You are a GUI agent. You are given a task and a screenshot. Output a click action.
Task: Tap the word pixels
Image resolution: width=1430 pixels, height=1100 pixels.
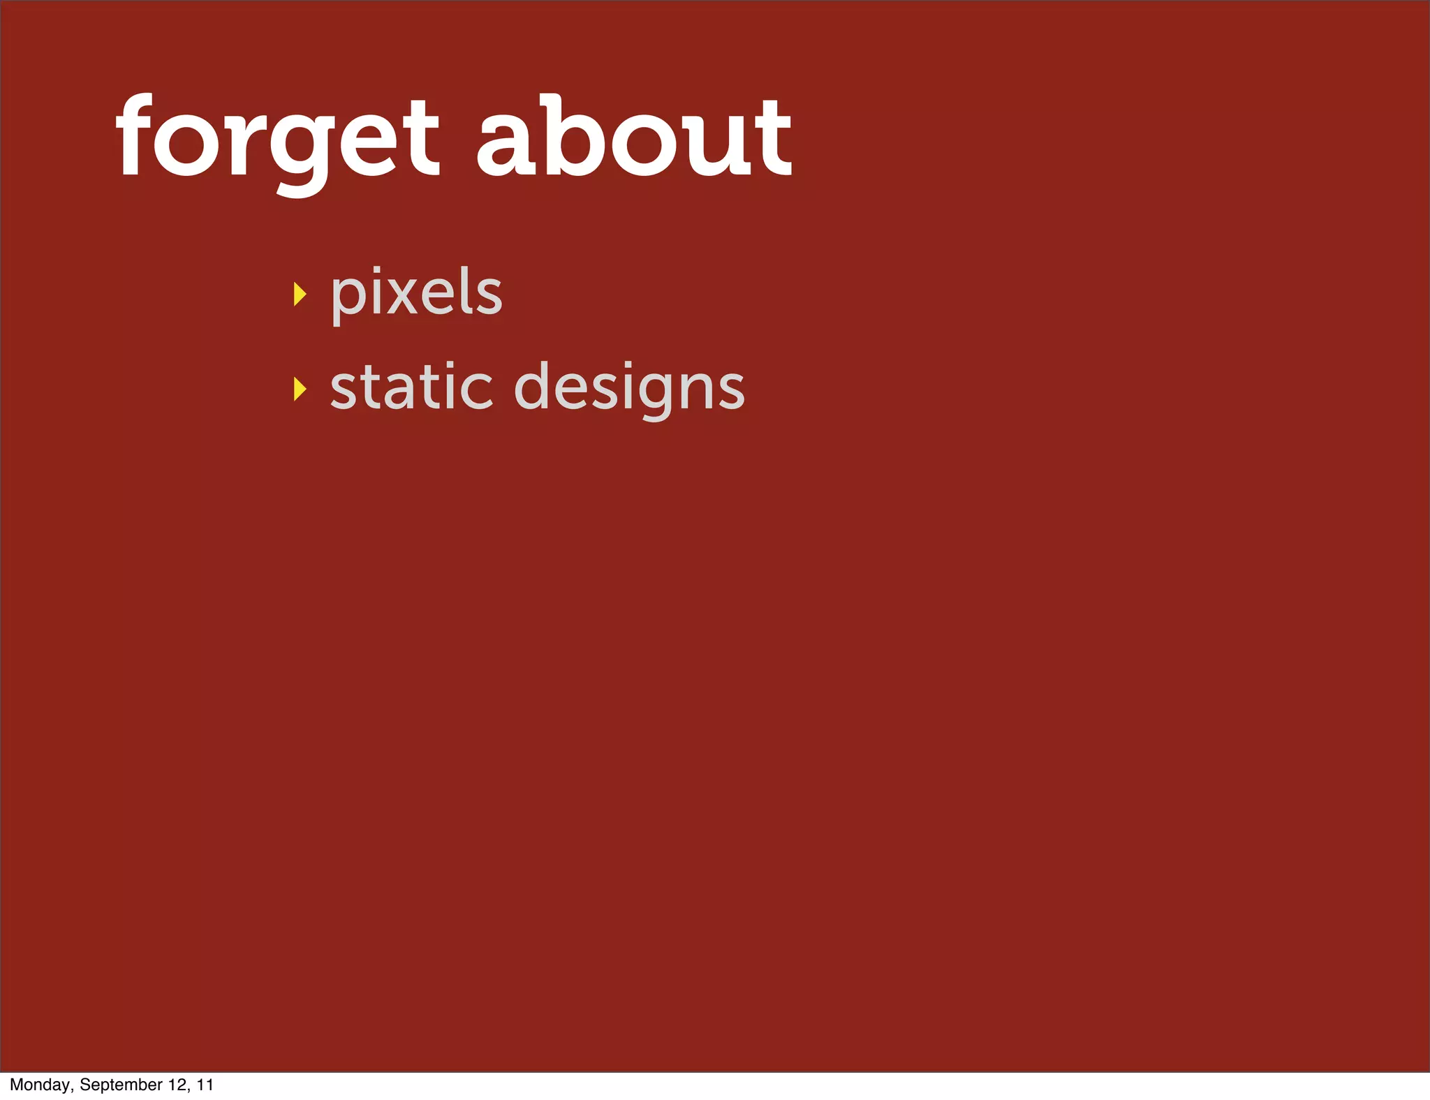(x=416, y=293)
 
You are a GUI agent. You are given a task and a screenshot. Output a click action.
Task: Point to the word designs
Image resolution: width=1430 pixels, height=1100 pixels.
(x=629, y=388)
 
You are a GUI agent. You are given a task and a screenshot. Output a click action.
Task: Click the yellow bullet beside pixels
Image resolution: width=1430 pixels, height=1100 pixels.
(x=300, y=295)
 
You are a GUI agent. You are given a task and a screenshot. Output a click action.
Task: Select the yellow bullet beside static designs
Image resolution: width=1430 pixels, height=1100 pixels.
(x=300, y=389)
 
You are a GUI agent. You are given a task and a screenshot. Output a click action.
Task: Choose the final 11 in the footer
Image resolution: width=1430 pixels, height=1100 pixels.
(x=205, y=1085)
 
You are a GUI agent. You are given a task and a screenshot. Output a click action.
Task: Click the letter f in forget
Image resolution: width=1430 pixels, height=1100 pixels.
(x=136, y=136)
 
